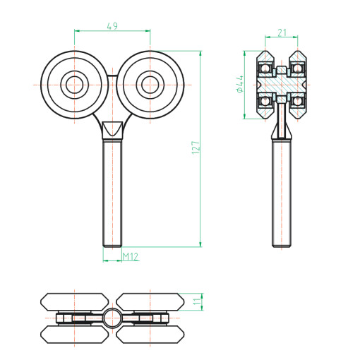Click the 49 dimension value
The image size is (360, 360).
(112, 26)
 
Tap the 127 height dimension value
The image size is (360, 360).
(196, 148)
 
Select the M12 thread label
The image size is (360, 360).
(131, 256)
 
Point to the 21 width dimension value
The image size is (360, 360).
(282, 32)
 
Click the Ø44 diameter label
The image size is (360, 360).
(240, 84)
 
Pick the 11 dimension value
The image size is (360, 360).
(197, 301)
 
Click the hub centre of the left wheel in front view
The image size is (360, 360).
(74, 85)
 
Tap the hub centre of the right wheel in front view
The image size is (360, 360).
(150, 85)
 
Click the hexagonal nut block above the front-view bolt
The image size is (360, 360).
(112, 130)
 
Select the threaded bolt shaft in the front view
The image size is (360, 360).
(112, 193)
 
